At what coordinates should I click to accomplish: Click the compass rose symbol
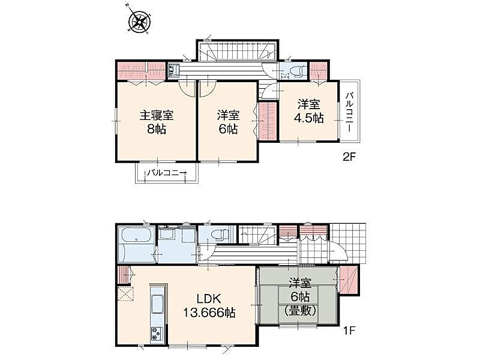[140, 22]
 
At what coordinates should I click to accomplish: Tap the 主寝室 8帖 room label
[157, 122]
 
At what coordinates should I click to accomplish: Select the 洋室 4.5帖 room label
[309, 111]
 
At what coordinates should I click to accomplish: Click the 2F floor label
[349, 157]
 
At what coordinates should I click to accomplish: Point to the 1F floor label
[349, 331]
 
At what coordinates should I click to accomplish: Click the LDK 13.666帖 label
[209, 305]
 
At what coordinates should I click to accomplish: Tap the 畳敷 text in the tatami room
[300, 311]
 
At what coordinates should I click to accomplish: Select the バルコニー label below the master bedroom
[167, 173]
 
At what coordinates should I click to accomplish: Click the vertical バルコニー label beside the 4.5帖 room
[350, 112]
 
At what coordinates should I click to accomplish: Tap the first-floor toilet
[218, 235]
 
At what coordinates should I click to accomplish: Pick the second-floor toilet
[298, 71]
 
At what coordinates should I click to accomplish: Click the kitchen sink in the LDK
[157, 304]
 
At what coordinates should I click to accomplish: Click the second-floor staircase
[238, 51]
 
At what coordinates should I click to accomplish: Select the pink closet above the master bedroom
[142, 71]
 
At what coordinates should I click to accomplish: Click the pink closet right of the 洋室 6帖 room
[268, 121]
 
